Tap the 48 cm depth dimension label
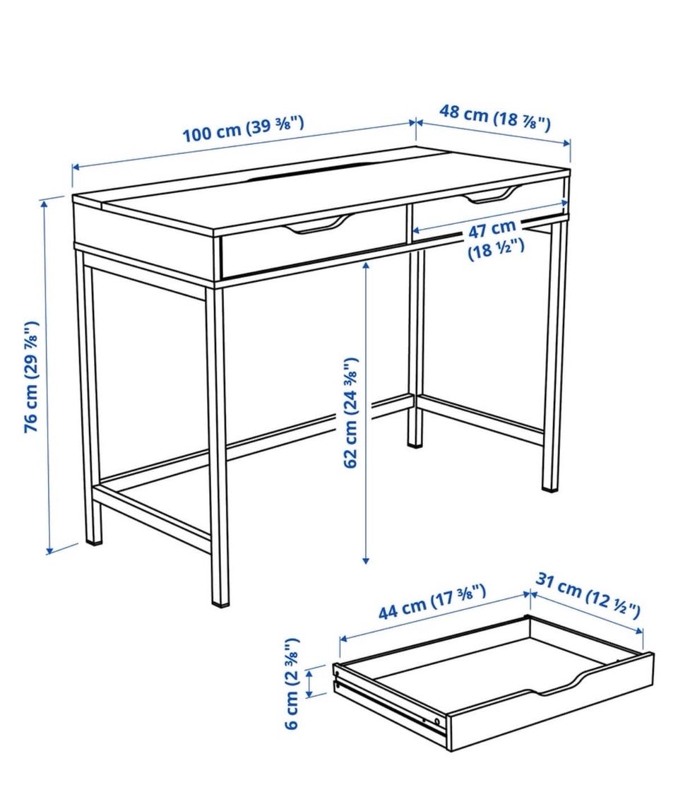494,117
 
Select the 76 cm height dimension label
32,377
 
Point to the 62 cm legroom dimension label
350,412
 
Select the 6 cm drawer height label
292,683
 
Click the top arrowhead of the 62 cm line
366,266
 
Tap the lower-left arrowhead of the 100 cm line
76,167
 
